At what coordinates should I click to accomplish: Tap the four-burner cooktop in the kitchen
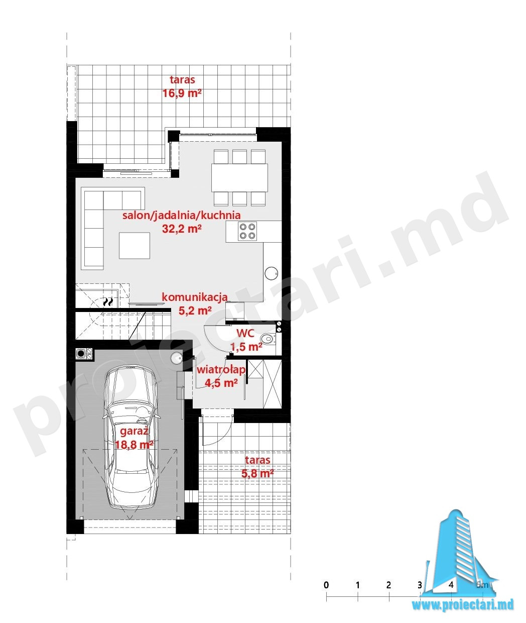tap(247, 231)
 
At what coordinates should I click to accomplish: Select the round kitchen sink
tap(271, 273)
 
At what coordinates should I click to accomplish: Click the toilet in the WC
tap(268, 339)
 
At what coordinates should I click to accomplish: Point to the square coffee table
tap(135, 245)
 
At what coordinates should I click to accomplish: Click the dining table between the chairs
tap(239, 177)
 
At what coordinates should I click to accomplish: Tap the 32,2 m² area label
tap(182, 229)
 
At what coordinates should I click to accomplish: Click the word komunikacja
tap(195, 297)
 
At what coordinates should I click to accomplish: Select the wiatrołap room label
tap(221, 370)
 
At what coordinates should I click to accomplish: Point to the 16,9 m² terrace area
tap(182, 93)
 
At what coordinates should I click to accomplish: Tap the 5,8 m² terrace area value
tap(257, 473)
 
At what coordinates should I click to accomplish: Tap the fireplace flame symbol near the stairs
tap(108, 301)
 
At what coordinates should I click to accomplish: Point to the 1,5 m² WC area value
tap(246, 347)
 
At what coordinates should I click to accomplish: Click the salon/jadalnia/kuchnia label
tap(182, 215)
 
